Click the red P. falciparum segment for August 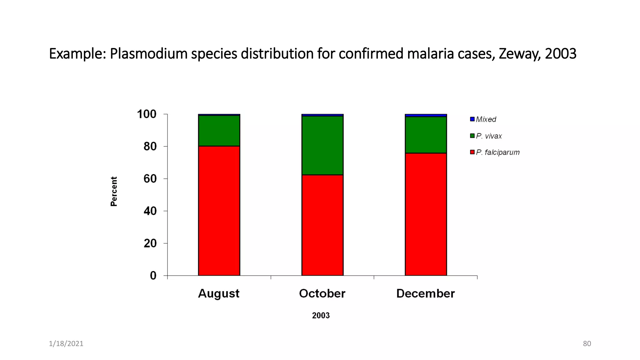tap(219, 211)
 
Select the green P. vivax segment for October tap(322, 145)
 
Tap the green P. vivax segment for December tap(426, 135)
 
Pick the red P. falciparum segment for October tap(322, 225)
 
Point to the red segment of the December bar tap(426, 214)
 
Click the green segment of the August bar tap(219, 131)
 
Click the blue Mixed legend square tap(472, 119)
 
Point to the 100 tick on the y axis tap(147, 114)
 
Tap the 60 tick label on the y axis tap(150, 179)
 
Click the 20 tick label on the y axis tap(150, 243)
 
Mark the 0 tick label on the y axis tap(153, 276)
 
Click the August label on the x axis tap(219, 293)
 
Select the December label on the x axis tap(425, 293)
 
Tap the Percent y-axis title tap(114, 191)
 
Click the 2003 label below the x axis tap(321, 315)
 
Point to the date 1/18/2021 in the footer tap(66, 343)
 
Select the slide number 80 tap(587, 343)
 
